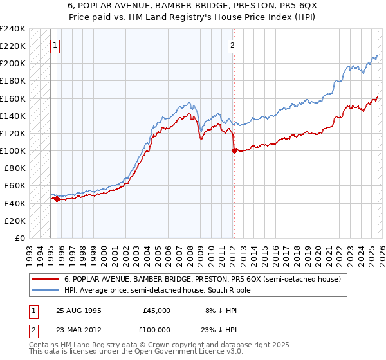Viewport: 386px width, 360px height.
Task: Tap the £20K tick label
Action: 14,221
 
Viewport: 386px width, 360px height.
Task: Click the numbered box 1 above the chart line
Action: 55,45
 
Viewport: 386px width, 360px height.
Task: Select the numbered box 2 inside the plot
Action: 232,45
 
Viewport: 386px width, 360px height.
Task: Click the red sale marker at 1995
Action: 57,199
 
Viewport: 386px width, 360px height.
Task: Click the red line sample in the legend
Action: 46,279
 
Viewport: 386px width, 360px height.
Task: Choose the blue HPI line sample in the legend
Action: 46,290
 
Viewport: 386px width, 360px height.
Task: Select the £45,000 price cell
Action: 156,310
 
